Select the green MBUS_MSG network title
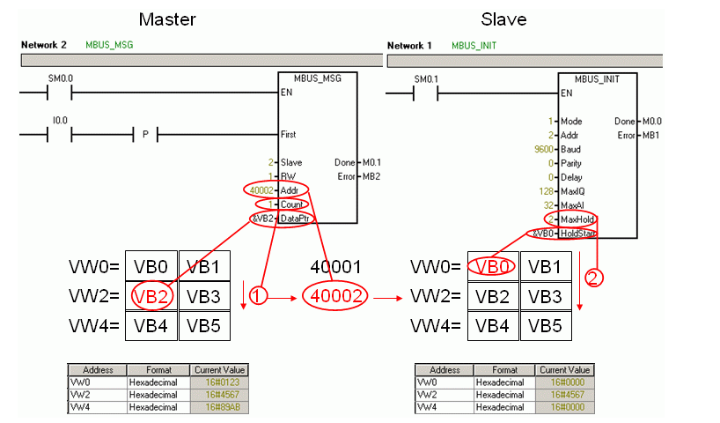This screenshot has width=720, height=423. (109, 44)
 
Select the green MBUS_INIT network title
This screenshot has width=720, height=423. (474, 44)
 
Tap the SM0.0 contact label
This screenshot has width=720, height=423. (60, 78)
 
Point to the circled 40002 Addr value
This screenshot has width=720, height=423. (261, 190)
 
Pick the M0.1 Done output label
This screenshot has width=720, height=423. (373, 162)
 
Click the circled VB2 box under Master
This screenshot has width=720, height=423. (151, 297)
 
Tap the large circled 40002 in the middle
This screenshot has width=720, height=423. (334, 297)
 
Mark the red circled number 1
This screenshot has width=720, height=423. (256, 297)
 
